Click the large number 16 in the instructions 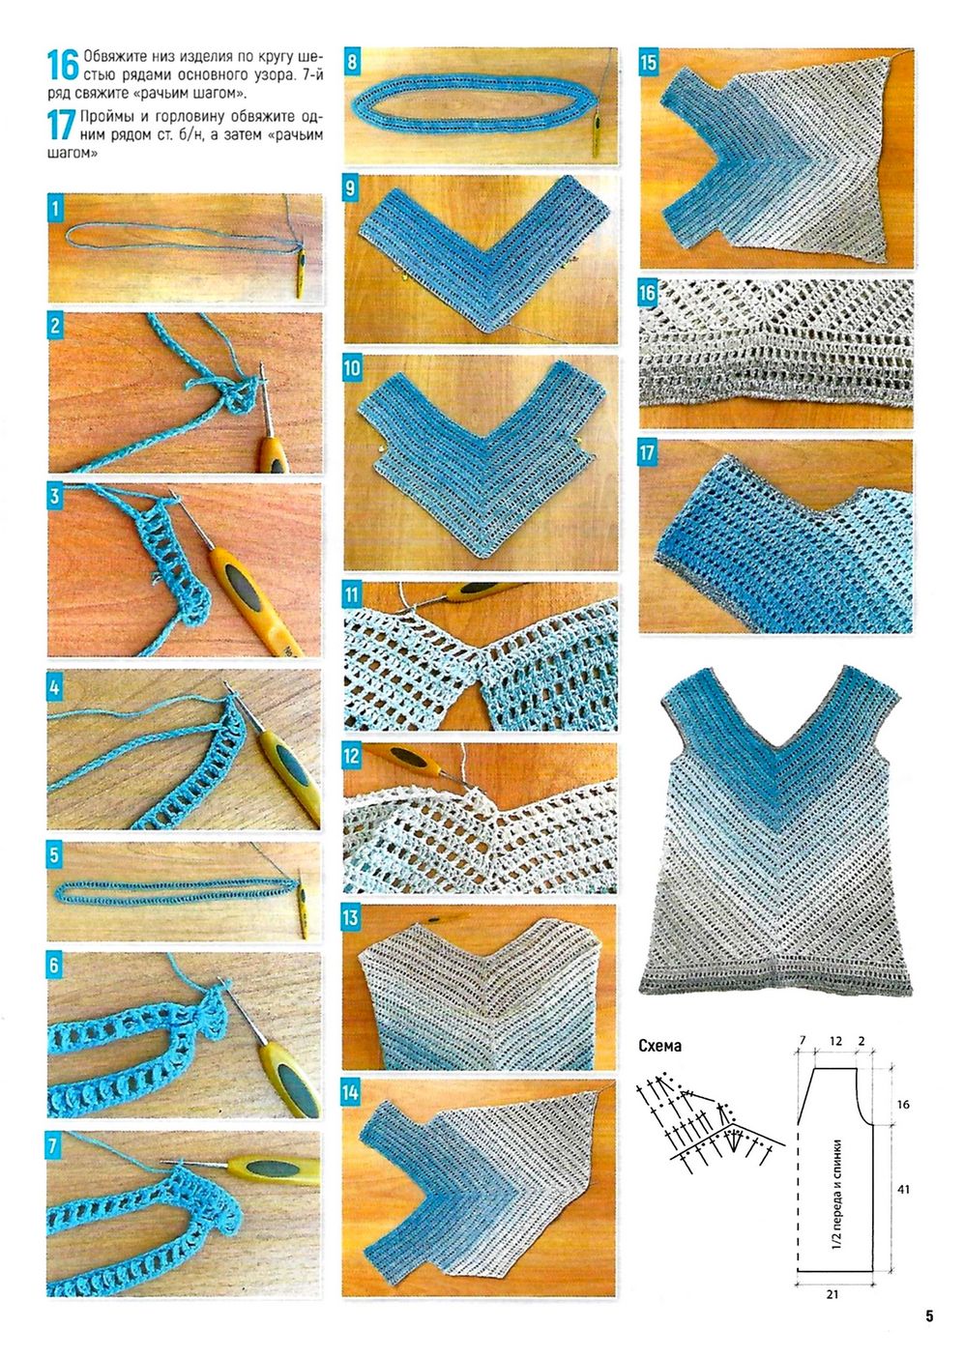click(63, 66)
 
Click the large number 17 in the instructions click(63, 126)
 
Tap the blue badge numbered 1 click(56, 210)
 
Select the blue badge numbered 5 click(55, 855)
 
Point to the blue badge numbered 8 click(352, 61)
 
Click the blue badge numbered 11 click(352, 595)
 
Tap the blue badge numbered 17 click(648, 453)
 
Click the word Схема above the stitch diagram click(659, 1046)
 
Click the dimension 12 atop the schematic click(835, 1041)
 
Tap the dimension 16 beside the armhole click(903, 1105)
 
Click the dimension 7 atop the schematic click(803, 1041)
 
